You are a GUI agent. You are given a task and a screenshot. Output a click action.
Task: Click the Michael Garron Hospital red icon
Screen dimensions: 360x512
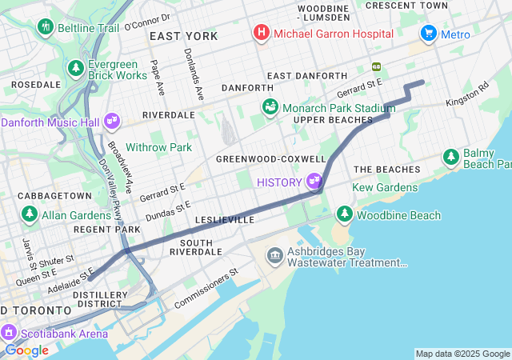[x=261, y=34]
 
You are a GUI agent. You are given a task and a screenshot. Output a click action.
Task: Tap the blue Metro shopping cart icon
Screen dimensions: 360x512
[x=429, y=34]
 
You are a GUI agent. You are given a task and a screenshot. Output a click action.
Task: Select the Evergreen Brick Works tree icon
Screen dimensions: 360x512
[x=76, y=68]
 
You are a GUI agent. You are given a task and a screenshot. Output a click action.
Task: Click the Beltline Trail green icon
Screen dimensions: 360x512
[x=45, y=27]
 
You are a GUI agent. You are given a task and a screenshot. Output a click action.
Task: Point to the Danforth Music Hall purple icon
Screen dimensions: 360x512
[x=111, y=122]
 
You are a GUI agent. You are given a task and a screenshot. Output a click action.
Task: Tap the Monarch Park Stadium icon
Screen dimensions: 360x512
[x=270, y=107]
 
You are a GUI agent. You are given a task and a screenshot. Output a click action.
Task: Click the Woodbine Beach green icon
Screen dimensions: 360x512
[x=345, y=214]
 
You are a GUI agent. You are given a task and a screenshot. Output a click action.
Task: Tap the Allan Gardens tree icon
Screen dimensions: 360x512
[x=30, y=214]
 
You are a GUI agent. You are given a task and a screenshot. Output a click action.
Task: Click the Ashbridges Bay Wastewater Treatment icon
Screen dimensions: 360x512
[x=274, y=255]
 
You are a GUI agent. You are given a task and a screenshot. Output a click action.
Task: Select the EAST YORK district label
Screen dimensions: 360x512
[x=183, y=37]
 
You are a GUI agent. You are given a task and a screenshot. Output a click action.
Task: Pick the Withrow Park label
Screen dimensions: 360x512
[x=158, y=147]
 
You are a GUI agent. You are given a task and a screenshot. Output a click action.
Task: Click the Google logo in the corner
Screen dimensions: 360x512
[x=26, y=350]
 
